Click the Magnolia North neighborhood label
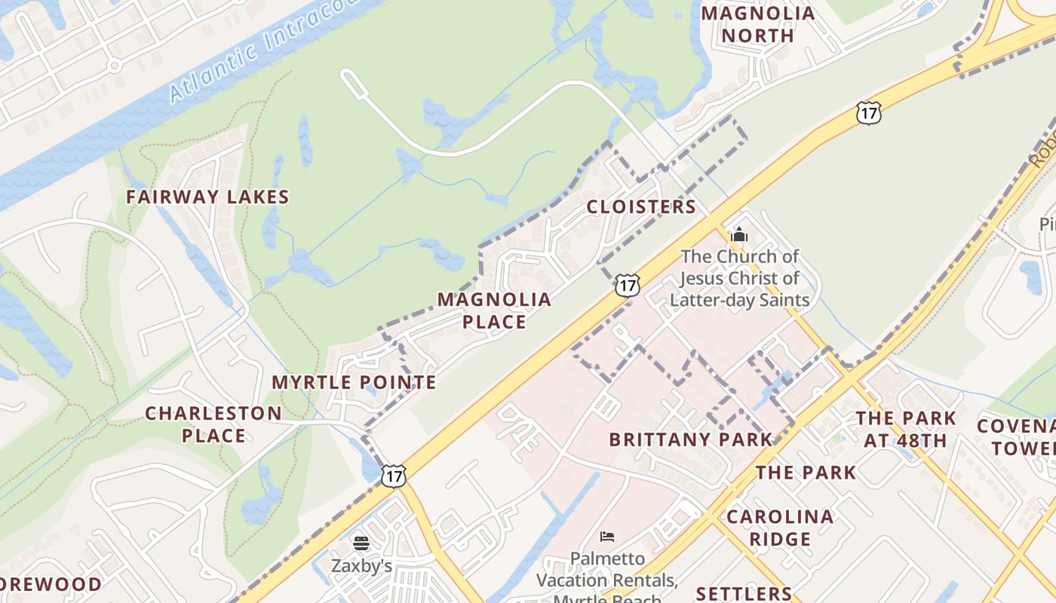(758, 24)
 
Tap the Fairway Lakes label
(207, 197)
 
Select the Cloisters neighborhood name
(641, 207)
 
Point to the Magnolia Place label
(494, 311)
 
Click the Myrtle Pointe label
(354, 382)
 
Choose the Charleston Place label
(213, 424)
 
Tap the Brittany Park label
(690, 439)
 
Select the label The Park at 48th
(906, 429)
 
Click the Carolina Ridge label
(780, 528)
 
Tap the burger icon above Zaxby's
(361, 543)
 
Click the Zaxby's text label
(361, 565)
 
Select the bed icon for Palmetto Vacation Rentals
(607, 537)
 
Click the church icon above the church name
(739, 234)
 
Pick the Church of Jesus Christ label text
(739, 278)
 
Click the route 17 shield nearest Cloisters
(628, 285)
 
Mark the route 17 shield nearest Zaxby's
(393, 475)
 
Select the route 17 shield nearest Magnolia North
(869, 113)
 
